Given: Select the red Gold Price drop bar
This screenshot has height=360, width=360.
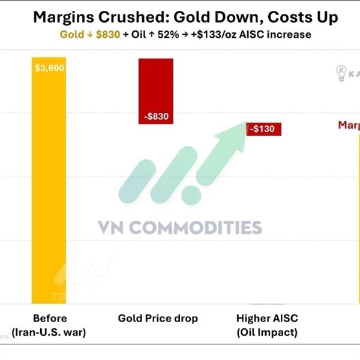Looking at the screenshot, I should [x=156, y=90].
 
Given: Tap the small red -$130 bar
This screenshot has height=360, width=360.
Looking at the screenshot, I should [x=263, y=129].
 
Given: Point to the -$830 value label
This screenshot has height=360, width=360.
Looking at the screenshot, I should [x=156, y=116].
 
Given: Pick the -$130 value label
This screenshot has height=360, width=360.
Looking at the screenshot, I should [x=263, y=129].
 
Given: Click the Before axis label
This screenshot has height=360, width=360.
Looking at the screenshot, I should [x=50, y=318].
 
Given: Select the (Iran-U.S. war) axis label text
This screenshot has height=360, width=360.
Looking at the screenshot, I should [x=49, y=332].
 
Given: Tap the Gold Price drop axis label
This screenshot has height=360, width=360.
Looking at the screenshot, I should [x=158, y=318].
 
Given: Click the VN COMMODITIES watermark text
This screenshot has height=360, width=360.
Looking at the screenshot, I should [x=179, y=228].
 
